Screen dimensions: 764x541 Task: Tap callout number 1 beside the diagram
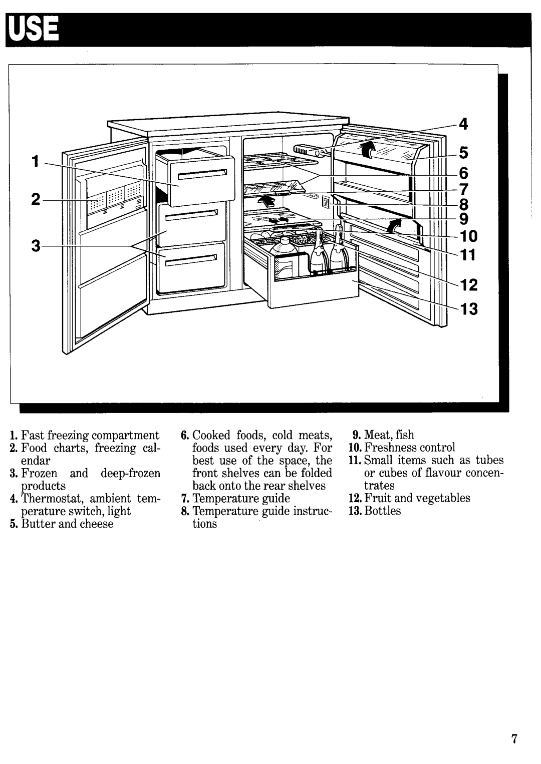pos(35,161)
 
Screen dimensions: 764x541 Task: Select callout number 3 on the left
pos(36,246)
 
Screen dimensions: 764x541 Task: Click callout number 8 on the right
pos(464,204)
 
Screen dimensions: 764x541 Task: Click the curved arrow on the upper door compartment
pos(368,148)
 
